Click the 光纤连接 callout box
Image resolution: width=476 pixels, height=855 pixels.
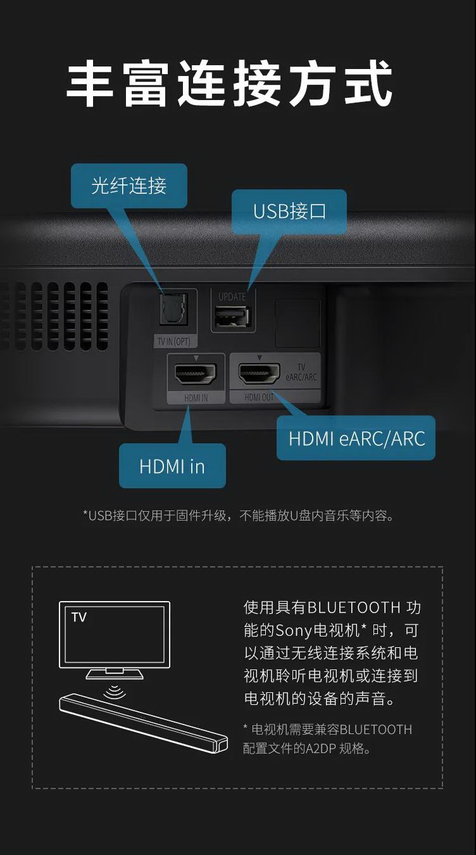[x=129, y=186]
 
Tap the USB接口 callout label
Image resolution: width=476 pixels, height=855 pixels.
[x=289, y=212]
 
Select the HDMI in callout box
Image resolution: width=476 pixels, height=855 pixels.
[x=172, y=465]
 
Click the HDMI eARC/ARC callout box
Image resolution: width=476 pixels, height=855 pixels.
[x=356, y=438]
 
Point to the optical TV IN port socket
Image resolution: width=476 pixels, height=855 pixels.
[x=173, y=309]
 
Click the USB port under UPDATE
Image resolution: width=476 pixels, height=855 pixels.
[x=232, y=316]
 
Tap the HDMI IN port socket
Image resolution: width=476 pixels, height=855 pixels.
[x=196, y=373]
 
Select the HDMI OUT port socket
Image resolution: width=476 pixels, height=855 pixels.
[x=259, y=373]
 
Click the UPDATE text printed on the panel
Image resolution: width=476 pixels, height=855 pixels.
[x=232, y=296]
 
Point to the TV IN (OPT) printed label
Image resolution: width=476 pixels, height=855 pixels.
[x=173, y=341]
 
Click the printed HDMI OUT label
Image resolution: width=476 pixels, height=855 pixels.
[x=259, y=397]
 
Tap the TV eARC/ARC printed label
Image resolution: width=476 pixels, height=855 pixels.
[x=301, y=372]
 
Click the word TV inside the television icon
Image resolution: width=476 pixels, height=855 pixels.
[x=79, y=617]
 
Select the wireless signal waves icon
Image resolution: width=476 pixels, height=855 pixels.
[x=115, y=690]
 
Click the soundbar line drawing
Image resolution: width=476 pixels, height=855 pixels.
[x=143, y=723]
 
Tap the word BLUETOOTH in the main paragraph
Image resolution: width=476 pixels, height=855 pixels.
[x=354, y=607]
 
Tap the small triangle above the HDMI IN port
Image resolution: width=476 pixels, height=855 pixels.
[x=196, y=358]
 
